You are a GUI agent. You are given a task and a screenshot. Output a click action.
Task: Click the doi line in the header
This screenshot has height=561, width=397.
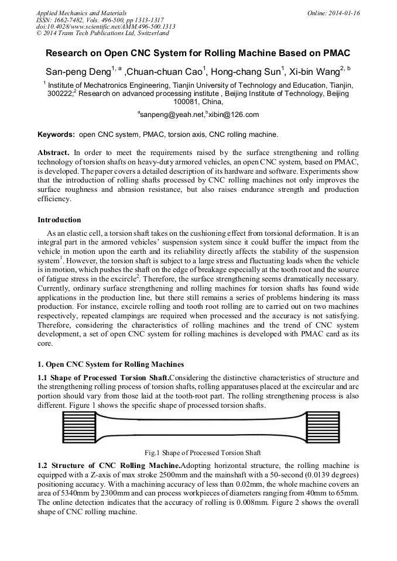click(x=105, y=26)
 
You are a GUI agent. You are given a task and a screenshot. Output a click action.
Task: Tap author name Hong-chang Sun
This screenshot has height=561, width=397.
click(x=245, y=73)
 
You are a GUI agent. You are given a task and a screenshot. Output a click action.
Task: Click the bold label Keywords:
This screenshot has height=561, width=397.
click(x=56, y=134)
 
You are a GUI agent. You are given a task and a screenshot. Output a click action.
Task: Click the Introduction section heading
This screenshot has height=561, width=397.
click(x=59, y=220)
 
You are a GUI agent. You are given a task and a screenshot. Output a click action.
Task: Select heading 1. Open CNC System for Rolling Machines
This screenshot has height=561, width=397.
click(x=111, y=364)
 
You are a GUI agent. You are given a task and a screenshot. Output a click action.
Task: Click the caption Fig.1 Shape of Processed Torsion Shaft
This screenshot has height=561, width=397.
click(x=203, y=452)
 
